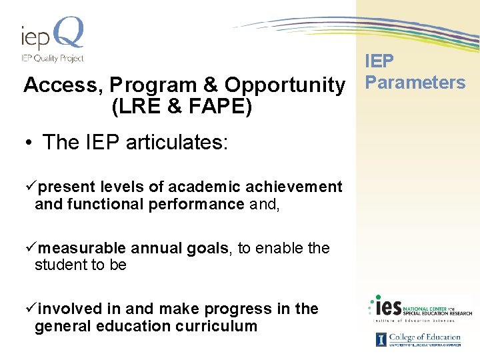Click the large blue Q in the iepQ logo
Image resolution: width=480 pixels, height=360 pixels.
pos(69,33)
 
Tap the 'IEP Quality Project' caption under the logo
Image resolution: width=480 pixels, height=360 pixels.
pos(52,58)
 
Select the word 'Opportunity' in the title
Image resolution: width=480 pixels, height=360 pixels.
pos(285,85)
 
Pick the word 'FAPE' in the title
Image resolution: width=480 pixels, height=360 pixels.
pos(221,106)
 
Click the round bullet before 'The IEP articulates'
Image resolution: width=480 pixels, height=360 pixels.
pos(31,143)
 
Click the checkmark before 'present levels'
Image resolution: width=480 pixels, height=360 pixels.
pos(28,187)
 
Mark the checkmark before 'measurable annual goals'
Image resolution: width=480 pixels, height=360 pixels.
pos(28,248)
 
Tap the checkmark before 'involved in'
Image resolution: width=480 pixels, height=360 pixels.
pos(28,309)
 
